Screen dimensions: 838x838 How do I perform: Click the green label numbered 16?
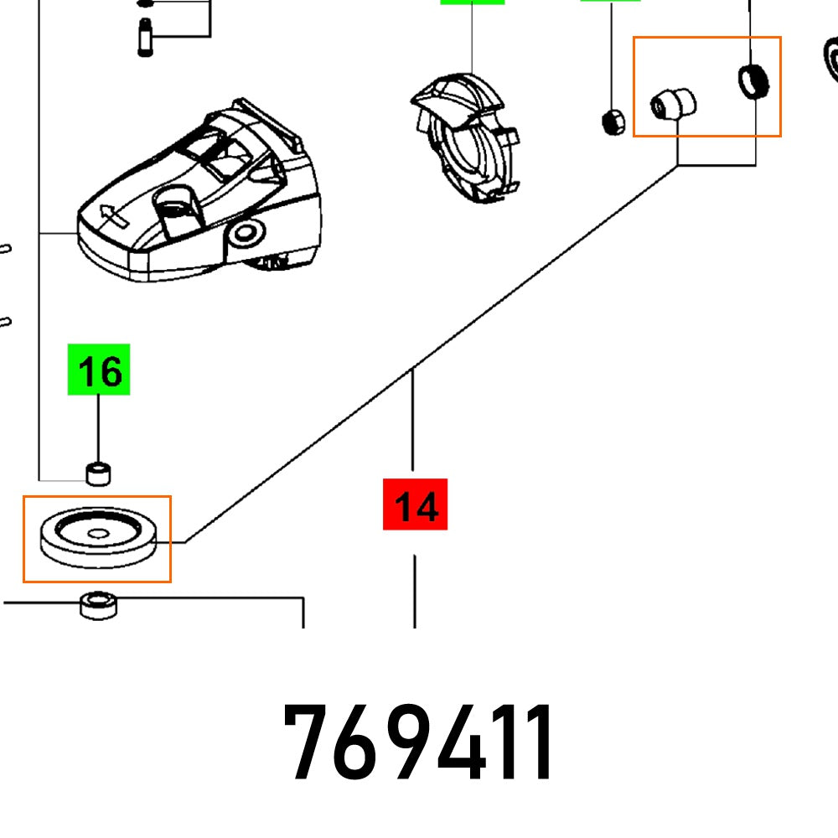click(x=99, y=370)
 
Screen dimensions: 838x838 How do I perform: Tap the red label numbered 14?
click(x=416, y=504)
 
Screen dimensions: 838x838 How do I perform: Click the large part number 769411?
click(x=418, y=742)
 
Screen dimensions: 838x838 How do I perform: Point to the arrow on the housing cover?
click(x=114, y=215)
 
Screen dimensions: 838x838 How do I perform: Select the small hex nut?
click(x=613, y=122)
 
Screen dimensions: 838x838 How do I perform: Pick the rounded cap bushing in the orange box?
click(x=674, y=103)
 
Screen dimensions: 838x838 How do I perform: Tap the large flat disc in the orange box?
click(x=98, y=537)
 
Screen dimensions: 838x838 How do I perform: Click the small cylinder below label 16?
click(x=98, y=474)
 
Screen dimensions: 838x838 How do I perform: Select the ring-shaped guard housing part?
click(x=465, y=138)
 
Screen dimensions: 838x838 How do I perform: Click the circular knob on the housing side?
click(x=246, y=234)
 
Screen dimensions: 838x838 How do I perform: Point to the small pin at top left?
click(x=145, y=37)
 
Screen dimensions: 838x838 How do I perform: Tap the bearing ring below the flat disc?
click(x=98, y=605)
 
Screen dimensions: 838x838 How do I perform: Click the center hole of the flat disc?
click(x=98, y=533)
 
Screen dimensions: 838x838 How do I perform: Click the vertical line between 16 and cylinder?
click(x=98, y=428)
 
